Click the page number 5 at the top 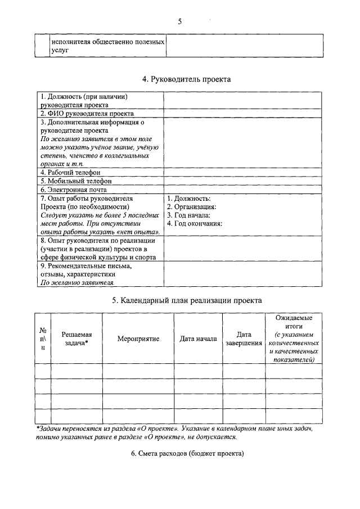click(180, 22)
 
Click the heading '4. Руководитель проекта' click(186, 79)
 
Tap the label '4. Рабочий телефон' click(70, 172)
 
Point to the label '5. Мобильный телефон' click(75, 181)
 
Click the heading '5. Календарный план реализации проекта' click(186, 300)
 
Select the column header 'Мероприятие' click(138, 339)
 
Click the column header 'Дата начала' click(198, 339)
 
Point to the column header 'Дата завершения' click(244, 339)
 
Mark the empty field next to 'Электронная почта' click(243, 190)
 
